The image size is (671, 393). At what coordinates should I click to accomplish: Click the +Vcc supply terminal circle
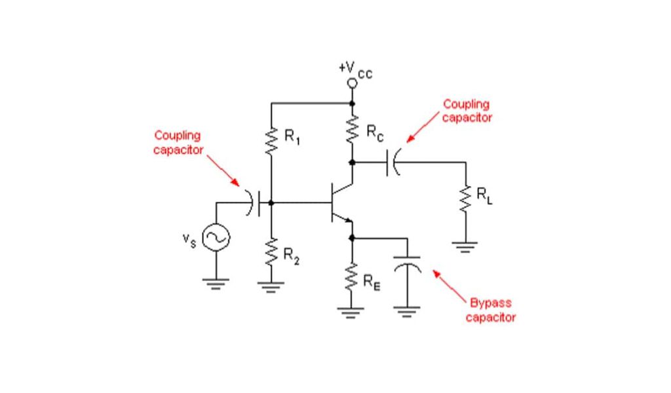click(x=353, y=83)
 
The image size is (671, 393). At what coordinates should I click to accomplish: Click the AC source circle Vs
click(x=216, y=238)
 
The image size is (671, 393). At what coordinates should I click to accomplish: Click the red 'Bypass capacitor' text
click(x=490, y=310)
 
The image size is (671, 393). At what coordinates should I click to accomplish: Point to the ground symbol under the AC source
click(x=216, y=283)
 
